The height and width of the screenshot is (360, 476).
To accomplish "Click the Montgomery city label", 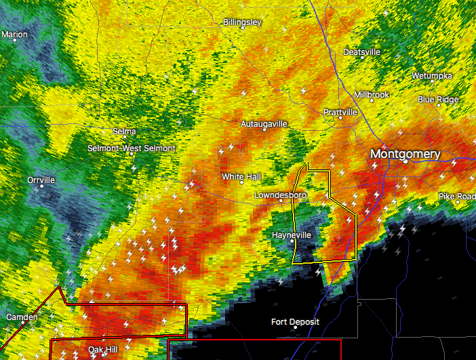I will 405,154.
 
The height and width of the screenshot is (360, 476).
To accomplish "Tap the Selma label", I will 124,132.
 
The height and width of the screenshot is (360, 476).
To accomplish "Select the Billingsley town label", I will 242,22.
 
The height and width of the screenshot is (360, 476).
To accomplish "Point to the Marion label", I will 15,35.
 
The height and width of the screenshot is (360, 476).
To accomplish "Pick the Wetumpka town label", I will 432,76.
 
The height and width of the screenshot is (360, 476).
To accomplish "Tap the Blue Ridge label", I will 438,100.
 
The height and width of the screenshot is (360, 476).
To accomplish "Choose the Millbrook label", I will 372,95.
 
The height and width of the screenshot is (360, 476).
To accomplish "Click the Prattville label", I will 340,112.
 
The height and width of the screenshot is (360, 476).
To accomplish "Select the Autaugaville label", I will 264,124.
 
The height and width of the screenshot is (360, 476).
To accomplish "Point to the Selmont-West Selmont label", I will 132,148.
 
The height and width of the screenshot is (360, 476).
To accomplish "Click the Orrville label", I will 41,180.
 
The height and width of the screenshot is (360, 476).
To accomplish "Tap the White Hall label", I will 241,177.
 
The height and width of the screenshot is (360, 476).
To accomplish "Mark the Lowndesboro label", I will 280,195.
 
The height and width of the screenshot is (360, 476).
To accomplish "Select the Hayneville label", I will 291,235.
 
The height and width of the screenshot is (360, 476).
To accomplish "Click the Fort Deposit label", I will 295,322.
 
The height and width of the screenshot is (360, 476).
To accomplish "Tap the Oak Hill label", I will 102,349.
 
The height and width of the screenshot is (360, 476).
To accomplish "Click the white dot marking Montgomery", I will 405,162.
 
